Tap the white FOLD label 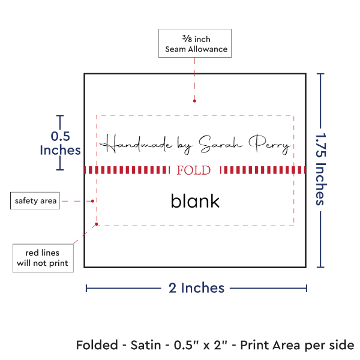coord(194,170)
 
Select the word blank coord(195,201)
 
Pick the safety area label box coord(35,200)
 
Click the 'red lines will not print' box coord(42,257)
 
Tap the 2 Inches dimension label coord(196,288)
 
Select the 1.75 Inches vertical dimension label coord(321,170)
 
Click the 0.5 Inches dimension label coord(59,143)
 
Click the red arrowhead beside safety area coord(94,200)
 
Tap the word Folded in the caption coord(95,346)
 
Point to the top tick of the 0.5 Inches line coord(60,116)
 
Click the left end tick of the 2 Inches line coord(86,289)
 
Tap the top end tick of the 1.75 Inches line coord(321,74)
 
